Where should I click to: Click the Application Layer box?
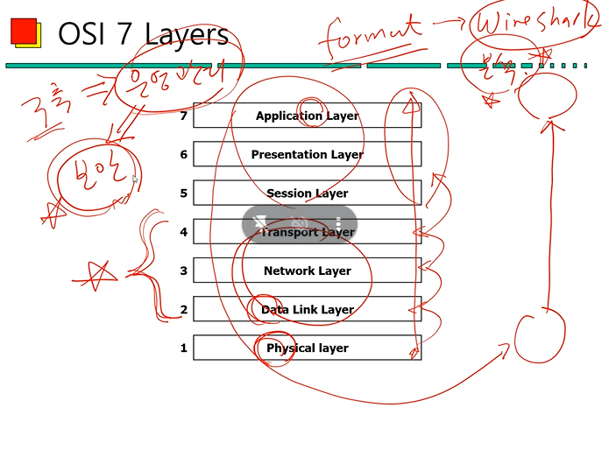point(307,116)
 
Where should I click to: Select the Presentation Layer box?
point(307,154)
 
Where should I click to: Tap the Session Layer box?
point(307,193)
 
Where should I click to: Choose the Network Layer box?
point(307,271)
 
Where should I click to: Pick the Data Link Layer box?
point(307,309)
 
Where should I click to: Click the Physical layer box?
point(307,348)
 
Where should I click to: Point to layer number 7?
point(183,116)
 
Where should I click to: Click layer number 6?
point(183,154)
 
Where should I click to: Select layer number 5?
point(183,193)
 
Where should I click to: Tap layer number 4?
point(183,232)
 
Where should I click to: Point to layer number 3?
point(183,271)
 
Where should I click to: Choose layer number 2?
point(183,309)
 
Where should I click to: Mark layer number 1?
point(183,348)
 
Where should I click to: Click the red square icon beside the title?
point(24,32)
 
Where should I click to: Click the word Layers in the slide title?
point(186,34)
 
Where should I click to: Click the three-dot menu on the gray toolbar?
point(338,223)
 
